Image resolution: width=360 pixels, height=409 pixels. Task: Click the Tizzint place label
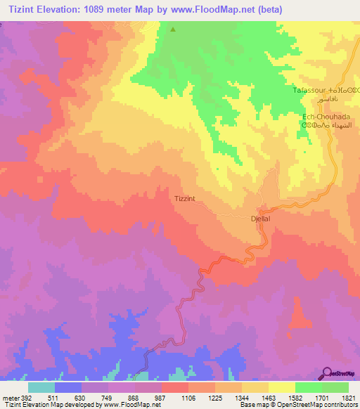(184, 199)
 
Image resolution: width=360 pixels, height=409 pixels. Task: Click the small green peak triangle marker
(173, 30)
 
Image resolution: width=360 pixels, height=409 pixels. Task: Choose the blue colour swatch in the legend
(68, 387)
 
